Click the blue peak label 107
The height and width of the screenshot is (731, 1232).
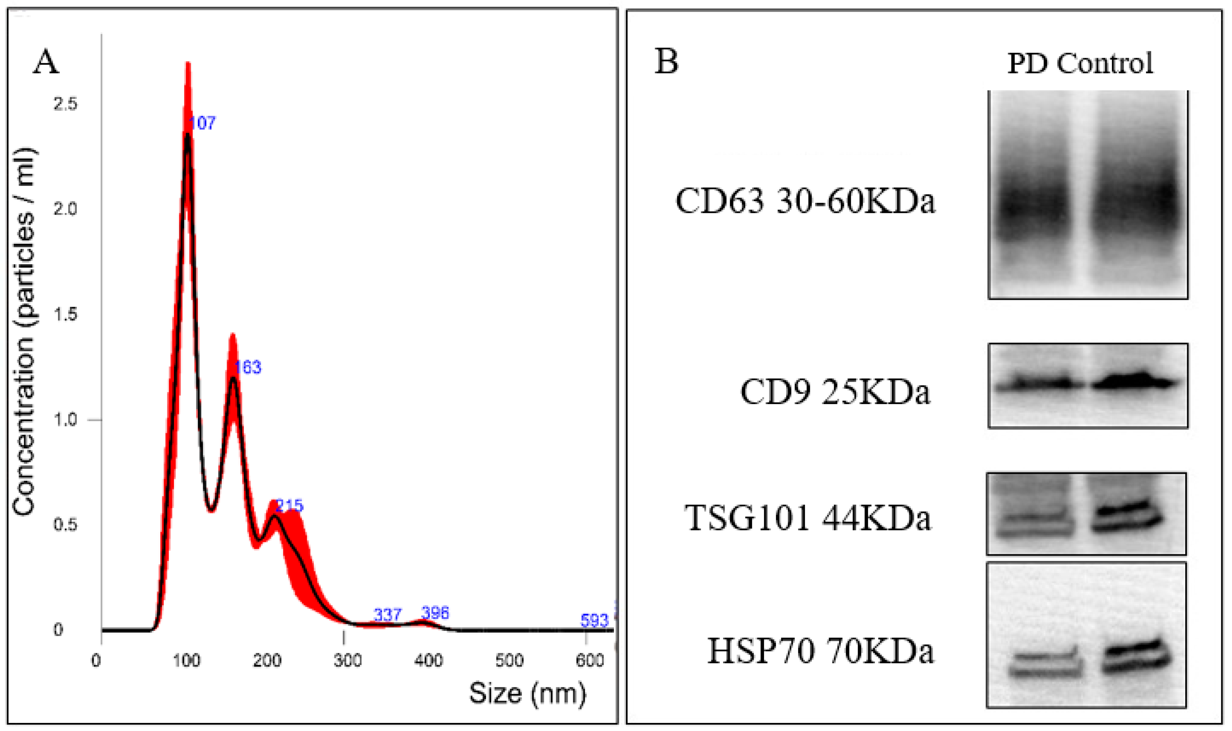202,123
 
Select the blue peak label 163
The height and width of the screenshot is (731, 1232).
248,367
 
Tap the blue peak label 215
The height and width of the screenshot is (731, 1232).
290,505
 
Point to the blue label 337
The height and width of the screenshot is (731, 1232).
388,615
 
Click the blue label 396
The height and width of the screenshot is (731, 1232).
435,613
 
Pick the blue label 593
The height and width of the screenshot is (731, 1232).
594,621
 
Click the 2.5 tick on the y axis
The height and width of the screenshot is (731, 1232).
65,104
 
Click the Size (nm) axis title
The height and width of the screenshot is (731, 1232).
527,693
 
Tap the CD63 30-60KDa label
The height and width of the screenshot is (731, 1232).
805,201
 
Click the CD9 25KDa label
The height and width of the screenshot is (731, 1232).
835,392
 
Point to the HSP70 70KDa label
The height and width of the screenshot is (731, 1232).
821,651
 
